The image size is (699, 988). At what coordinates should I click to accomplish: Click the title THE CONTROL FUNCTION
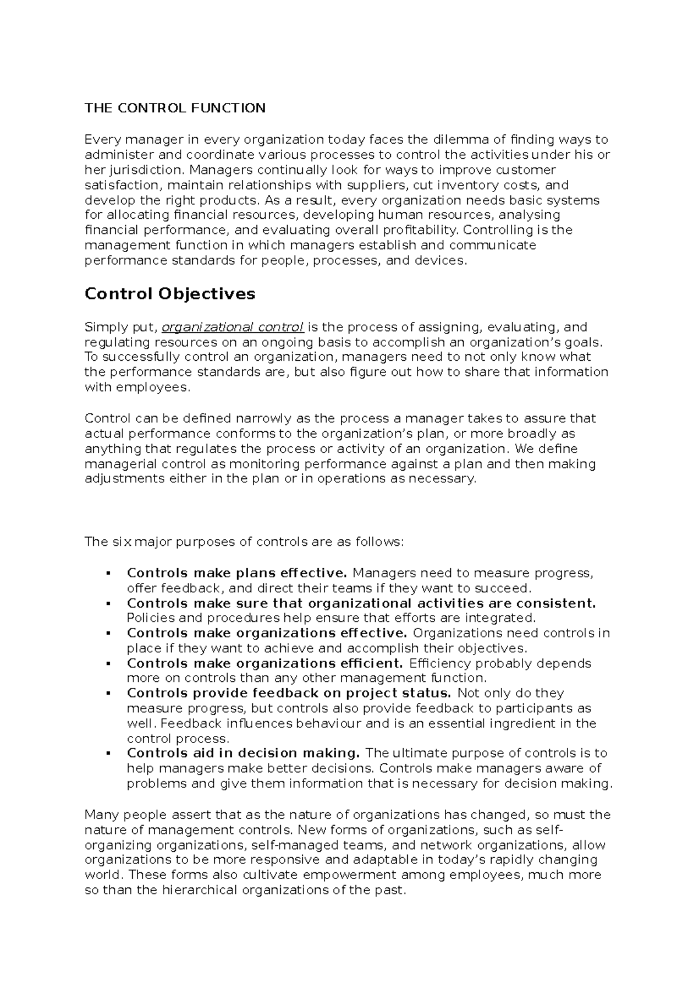tap(175, 108)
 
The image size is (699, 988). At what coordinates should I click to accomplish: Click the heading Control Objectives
tap(170, 294)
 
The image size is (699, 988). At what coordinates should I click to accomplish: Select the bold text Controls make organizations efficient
tap(265, 663)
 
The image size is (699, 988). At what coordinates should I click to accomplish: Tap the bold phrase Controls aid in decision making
tap(244, 753)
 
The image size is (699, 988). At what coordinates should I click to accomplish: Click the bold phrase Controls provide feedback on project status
tap(289, 693)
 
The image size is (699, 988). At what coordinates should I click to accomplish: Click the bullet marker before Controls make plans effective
tap(108, 574)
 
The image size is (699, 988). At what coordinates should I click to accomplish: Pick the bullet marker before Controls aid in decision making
tap(108, 754)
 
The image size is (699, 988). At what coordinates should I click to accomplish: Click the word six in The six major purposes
tap(121, 542)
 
